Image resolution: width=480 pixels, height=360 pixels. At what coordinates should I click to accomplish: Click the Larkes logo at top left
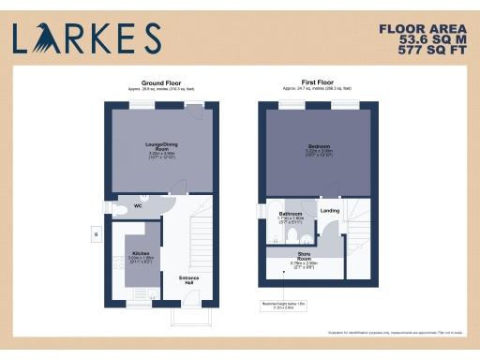coord(85,37)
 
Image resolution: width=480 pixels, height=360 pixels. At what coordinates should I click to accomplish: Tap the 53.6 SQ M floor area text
coord(428,40)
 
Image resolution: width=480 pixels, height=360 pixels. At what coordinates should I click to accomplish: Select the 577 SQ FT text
coord(428,52)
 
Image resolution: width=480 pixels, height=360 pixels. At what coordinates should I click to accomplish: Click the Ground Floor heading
coord(154,83)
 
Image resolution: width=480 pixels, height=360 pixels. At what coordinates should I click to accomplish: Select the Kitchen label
coord(141,253)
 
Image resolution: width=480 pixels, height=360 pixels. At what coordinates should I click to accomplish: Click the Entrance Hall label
coord(188,279)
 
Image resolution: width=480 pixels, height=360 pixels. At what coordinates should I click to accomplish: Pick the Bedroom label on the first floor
coord(319,147)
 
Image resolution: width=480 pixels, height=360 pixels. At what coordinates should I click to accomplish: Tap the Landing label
coord(330,211)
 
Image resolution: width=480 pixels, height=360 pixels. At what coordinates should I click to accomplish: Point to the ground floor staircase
coord(200,234)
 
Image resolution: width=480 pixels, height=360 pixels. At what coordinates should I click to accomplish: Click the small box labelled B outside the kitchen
coord(91,233)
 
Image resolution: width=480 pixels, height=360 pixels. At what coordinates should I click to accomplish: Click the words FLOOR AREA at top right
coord(427,28)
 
